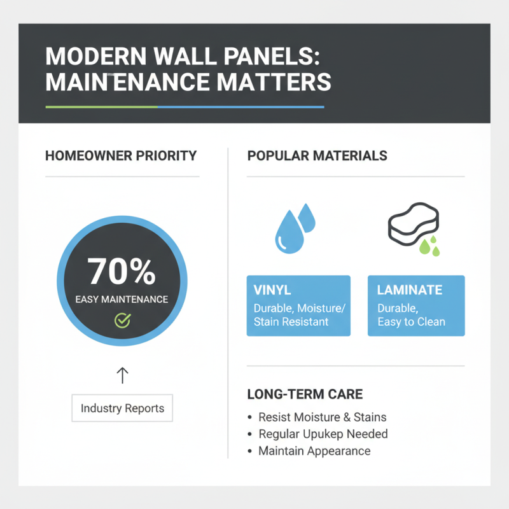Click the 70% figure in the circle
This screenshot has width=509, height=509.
(x=122, y=271)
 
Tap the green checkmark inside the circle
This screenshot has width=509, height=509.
(x=122, y=320)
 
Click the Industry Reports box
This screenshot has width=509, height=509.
(x=122, y=408)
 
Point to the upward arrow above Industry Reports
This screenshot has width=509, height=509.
(x=122, y=375)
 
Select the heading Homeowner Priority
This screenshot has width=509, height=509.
(x=121, y=156)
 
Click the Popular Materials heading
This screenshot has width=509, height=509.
(x=317, y=156)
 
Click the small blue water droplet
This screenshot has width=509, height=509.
(x=307, y=217)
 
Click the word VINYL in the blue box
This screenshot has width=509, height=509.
(x=272, y=290)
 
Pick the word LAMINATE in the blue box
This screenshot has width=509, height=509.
(x=409, y=290)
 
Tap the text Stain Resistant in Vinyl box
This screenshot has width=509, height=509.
(x=291, y=322)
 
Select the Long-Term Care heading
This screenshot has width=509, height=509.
(x=304, y=394)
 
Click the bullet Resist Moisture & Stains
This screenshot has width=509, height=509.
(x=322, y=417)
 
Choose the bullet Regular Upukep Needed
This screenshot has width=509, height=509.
(x=323, y=434)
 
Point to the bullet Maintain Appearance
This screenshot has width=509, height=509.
(x=314, y=450)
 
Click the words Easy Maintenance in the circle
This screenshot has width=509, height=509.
(x=122, y=299)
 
